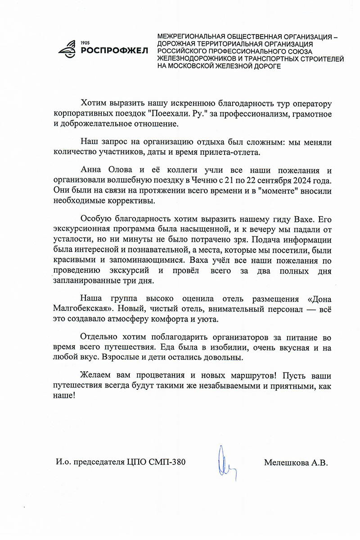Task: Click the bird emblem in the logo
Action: [x=68, y=49]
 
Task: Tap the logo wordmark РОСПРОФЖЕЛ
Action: [x=114, y=50]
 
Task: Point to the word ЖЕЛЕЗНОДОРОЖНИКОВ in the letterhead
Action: [x=197, y=58]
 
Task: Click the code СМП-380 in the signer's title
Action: [x=169, y=463]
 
